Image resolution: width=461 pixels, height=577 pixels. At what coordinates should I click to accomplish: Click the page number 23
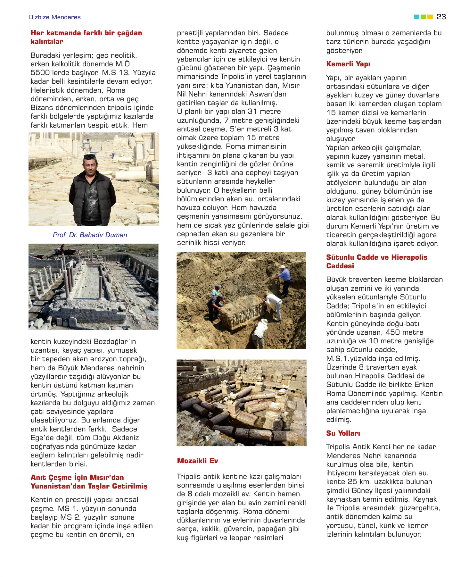click(x=441, y=17)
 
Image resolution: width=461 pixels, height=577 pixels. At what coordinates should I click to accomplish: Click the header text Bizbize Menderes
click(x=55, y=17)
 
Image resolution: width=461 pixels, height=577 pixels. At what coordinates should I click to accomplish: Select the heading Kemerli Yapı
click(x=348, y=64)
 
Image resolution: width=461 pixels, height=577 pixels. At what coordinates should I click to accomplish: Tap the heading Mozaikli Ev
click(x=197, y=461)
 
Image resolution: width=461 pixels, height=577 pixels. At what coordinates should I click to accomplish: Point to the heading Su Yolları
click(x=343, y=433)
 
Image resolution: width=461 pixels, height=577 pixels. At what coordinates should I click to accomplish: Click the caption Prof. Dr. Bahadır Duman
click(x=90, y=235)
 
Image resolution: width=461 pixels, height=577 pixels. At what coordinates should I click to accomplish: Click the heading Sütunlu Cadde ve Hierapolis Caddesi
click(x=376, y=262)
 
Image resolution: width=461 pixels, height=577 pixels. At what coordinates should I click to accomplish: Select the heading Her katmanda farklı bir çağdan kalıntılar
click(x=86, y=37)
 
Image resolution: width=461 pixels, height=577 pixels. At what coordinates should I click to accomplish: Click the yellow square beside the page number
click(x=430, y=17)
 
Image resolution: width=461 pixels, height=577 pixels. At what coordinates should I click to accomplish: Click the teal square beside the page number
click(x=416, y=17)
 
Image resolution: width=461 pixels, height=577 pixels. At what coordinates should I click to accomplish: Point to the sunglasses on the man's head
click(x=90, y=156)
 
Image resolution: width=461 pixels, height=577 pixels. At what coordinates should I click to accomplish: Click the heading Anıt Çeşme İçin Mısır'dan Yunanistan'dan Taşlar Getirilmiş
click(x=89, y=482)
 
